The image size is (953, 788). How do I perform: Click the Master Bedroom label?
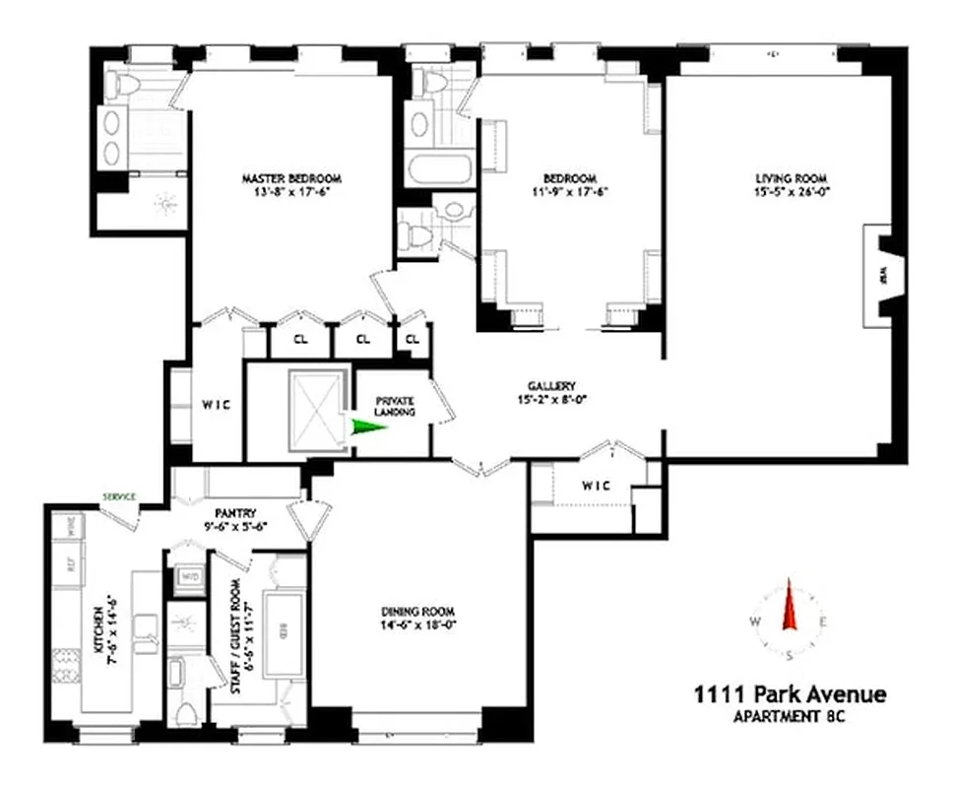[x=291, y=178]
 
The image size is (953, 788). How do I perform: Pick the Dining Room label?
[x=418, y=611]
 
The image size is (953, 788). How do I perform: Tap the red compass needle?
[x=789, y=605]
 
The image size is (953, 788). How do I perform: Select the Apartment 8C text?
[x=790, y=717]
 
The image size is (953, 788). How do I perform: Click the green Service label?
[x=117, y=496]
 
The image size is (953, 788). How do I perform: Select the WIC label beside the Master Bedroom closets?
[x=217, y=406]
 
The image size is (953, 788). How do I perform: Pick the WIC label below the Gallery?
[x=596, y=486]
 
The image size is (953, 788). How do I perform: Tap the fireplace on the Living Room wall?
[x=879, y=276]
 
